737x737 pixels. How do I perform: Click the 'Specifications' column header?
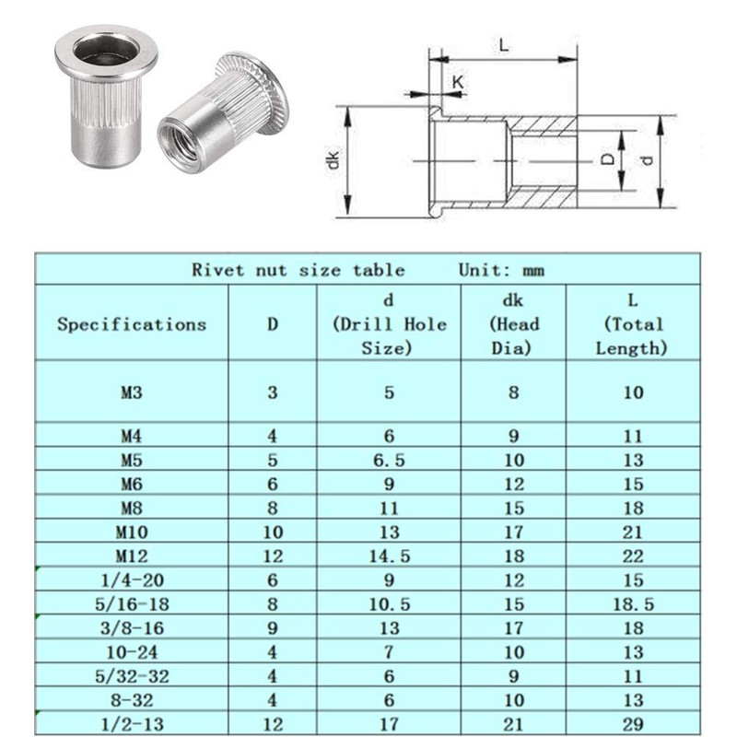132,324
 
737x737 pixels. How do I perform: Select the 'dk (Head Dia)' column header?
513,324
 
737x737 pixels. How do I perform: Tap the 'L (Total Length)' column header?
631,324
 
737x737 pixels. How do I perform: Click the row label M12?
132,556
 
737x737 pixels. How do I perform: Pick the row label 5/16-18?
132,604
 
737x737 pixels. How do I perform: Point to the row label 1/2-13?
132,724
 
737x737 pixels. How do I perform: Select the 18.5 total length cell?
631,604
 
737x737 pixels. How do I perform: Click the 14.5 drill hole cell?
389,556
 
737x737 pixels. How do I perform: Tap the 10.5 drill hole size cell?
389,604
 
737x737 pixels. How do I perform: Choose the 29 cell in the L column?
631,724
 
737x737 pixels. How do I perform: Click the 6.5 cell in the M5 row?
389,459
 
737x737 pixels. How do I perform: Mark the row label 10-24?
132,652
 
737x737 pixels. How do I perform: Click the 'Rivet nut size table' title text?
298,270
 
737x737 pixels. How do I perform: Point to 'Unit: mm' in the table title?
501,270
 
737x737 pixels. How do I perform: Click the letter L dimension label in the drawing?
502,43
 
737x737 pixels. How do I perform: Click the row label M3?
132,392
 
